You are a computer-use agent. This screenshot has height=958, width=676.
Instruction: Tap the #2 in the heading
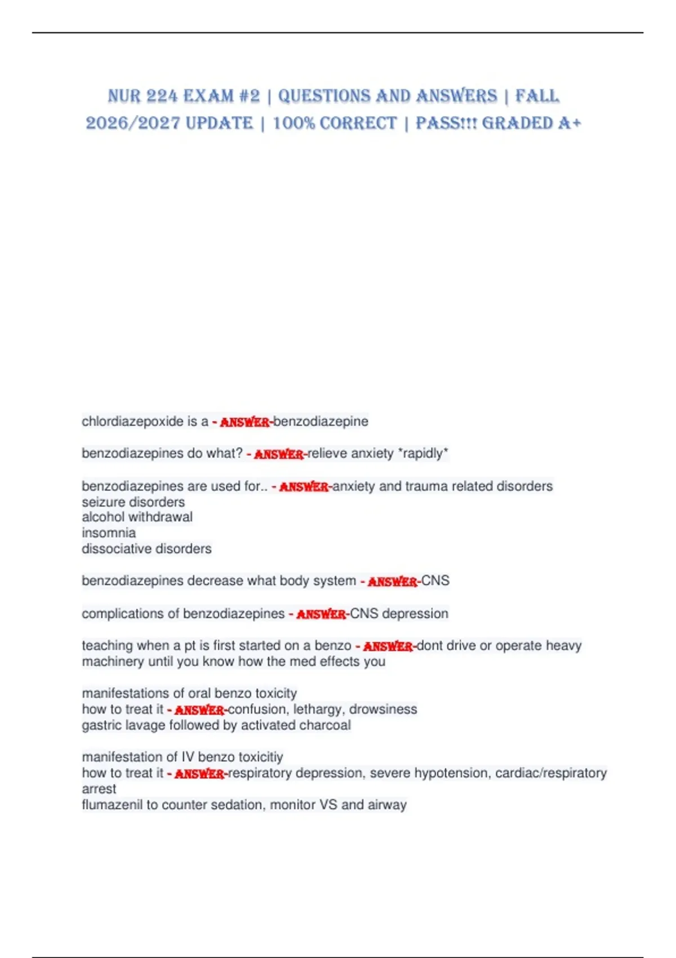(x=249, y=96)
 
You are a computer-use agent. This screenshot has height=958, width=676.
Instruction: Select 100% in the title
(x=291, y=123)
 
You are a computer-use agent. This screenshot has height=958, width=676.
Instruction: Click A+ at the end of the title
(x=569, y=123)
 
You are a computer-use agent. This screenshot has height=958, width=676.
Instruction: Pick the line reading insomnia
(x=109, y=533)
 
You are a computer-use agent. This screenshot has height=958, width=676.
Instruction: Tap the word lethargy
(x=317, y=709)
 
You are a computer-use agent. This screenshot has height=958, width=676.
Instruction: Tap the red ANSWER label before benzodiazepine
(x=244, y=422)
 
